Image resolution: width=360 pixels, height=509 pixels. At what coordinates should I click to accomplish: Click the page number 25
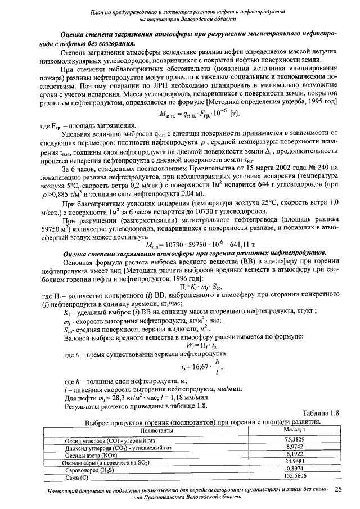pos(338,490)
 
